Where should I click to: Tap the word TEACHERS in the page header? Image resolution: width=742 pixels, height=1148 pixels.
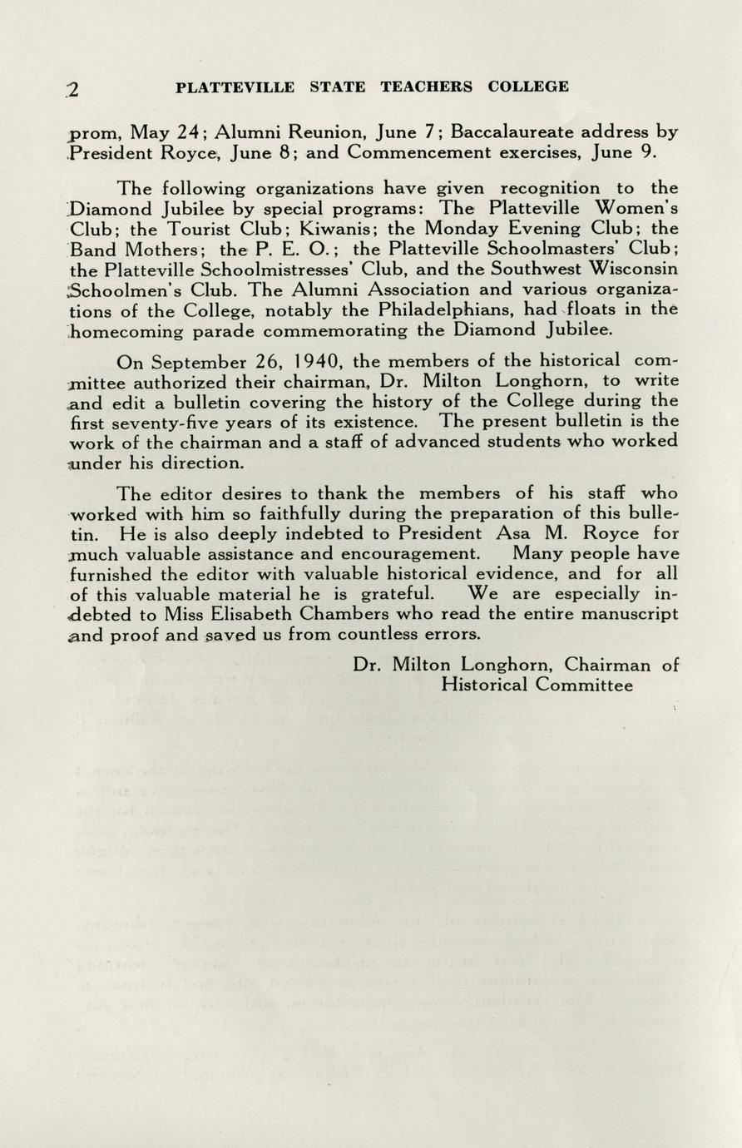click(426, 87)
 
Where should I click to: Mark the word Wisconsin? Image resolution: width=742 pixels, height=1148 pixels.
click(633, 269)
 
